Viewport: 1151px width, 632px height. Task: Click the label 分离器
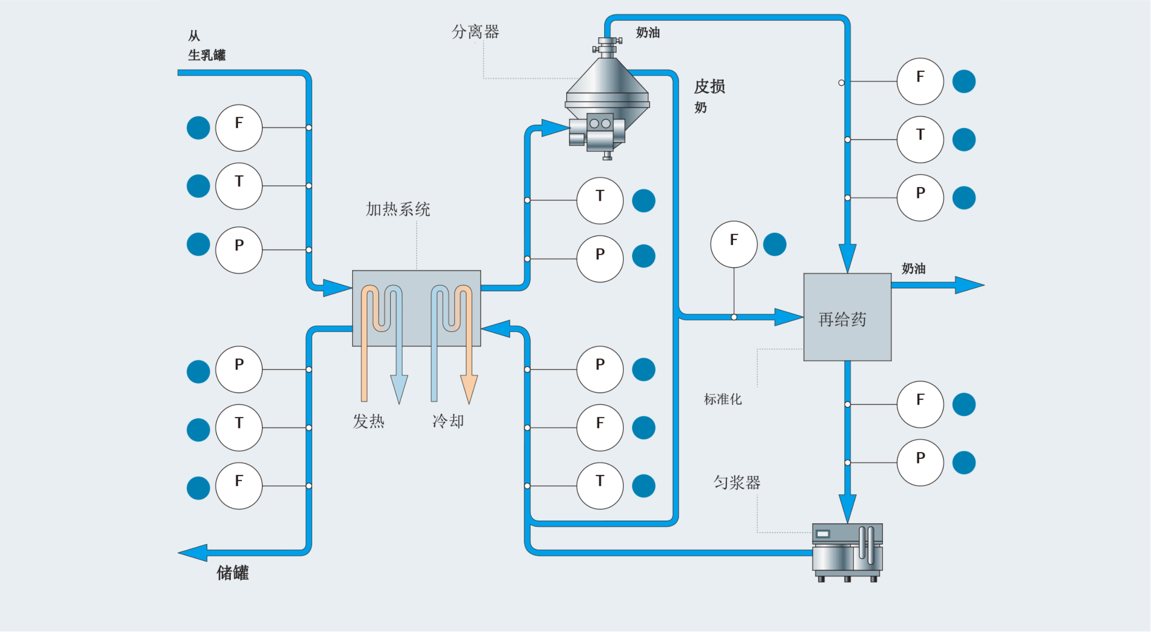click(x=475, y=32)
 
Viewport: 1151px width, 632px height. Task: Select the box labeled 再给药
click(x=847, y=317)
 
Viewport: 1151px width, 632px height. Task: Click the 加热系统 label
click(x=397, y=209)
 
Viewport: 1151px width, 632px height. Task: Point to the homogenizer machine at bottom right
click(x=847, y=551)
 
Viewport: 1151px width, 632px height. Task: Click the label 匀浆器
click(x=737, y=482)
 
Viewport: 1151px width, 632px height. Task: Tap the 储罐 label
click(x=232, y=572)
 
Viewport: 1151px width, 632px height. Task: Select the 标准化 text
click(x=722, y=399)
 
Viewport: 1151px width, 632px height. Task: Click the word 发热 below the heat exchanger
click(x=368, y=421)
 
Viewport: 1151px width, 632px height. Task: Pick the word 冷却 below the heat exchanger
click(x=448, y=421)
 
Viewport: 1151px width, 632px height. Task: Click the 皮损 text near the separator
click(x=709, y=87)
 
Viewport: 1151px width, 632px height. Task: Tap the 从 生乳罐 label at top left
click(x=206, y=46)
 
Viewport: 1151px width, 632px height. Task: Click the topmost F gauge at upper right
click(x=920, y=81)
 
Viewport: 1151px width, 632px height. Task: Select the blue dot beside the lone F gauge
click(x=774, y=244)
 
